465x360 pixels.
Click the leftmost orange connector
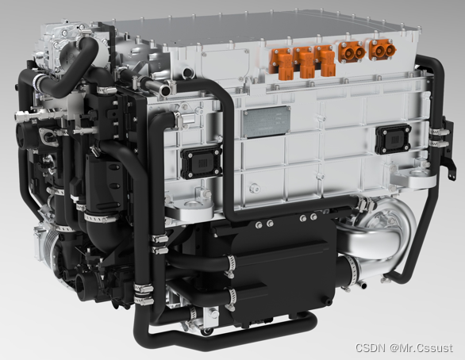coord(281,63)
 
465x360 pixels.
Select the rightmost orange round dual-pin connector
coord(382,51)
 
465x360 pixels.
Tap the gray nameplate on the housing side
coord(266,122)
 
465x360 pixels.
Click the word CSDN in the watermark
coord(371,347)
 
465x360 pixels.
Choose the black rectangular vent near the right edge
coord(394,139)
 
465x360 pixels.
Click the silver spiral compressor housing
coord(382,234)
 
